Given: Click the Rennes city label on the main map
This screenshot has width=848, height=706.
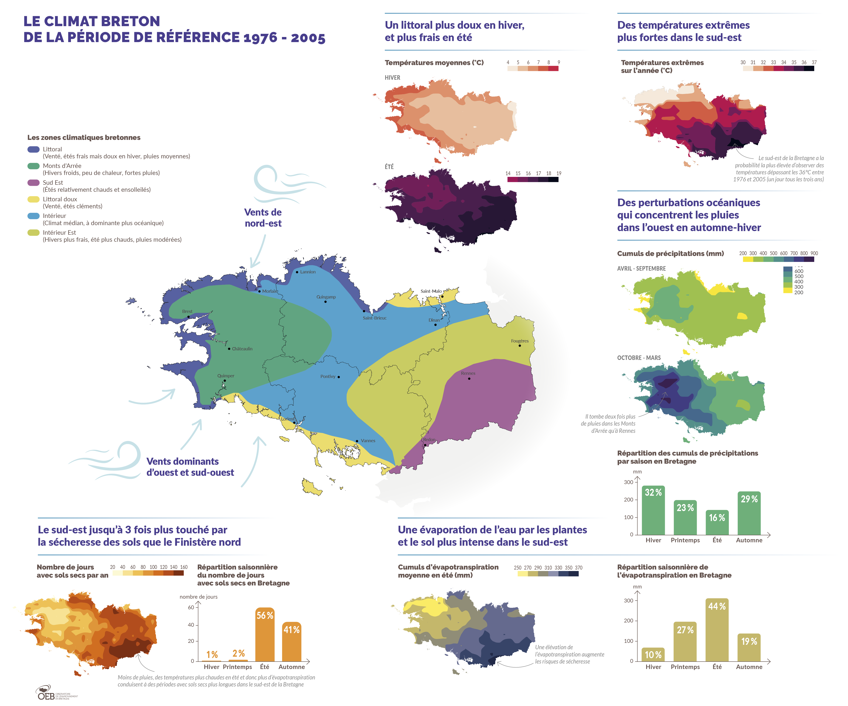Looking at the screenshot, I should [468, 373].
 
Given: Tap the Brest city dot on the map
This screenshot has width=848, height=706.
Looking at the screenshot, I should [188, 317].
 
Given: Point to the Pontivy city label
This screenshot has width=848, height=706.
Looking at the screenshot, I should [328, 376].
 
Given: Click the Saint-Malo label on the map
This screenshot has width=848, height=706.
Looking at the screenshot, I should [431, 291].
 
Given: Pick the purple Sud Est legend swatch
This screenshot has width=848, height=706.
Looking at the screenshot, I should [34, 183].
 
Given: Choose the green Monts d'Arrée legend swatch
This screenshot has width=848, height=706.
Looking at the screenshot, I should [34, 166].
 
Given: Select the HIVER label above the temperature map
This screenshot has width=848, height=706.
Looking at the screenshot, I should [392, 78].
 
